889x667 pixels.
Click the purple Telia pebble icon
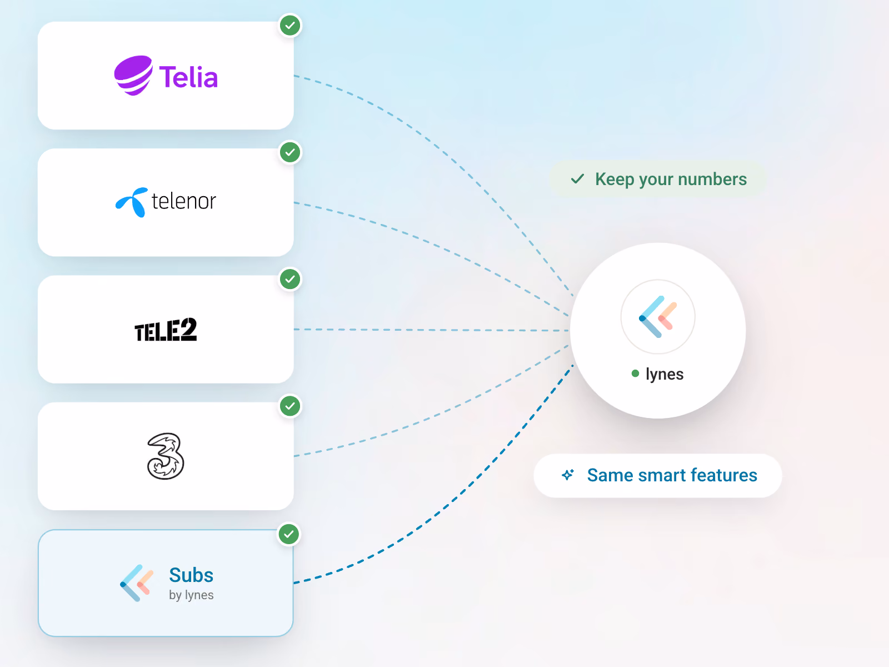point(133,76)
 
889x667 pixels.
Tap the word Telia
point(188,77)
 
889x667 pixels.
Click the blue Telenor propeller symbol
point(132,202)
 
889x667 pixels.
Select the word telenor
point(184,201)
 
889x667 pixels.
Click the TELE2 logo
point(166,330)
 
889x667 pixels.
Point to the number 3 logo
point(165,456)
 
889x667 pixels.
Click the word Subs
point(191,575)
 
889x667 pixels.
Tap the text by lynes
point(191,595)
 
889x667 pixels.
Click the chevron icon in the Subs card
point(137,583)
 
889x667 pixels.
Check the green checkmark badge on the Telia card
point(290,26)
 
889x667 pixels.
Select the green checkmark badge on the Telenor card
point(290,152)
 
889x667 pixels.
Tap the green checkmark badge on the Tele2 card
point(290,279)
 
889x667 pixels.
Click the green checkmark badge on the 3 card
point(290,406)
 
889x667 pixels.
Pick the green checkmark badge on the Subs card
point(289,534)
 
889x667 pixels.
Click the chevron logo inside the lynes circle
point(658,317)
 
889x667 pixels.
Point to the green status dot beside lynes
point(635,374)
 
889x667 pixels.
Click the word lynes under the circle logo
point(665,374)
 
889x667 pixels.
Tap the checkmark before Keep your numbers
point(577,178)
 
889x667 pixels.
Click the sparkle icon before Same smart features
point(568,475)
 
